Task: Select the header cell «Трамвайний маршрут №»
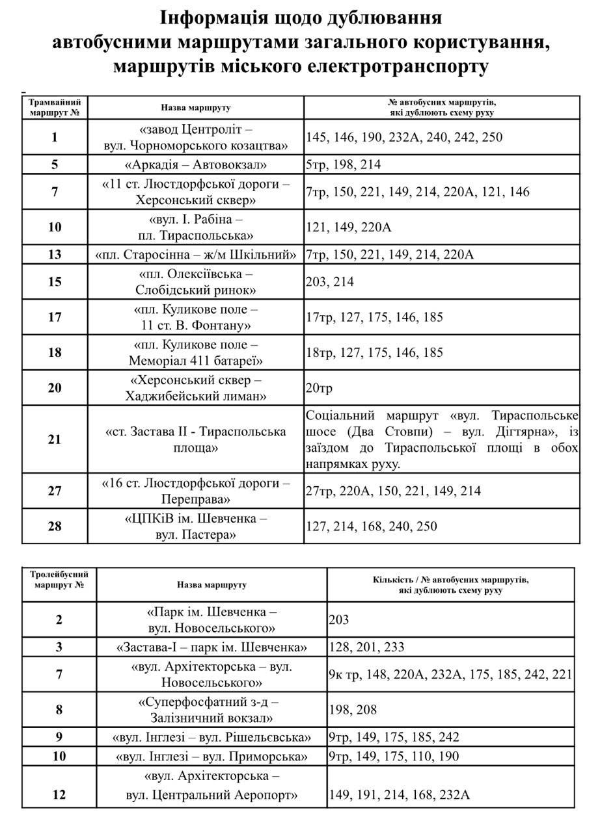point(55,107)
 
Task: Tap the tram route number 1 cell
point(55,136)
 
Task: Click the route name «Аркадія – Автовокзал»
point(195,164)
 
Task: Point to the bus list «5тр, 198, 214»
point(343,164)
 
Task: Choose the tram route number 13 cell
point(55,254)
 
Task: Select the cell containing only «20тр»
point(319,388)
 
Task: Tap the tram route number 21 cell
point(55,439)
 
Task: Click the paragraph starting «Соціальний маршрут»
point(442,439)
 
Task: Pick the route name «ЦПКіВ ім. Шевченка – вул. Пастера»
point(195,526)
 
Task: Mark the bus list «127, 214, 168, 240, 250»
point(372,526)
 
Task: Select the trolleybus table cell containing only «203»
point(339,619)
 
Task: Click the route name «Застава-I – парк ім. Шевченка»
point(211,647)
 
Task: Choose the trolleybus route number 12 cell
point(59,794)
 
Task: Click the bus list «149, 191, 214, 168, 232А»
point(400,794)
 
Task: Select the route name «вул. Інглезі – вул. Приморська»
point(211,757)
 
